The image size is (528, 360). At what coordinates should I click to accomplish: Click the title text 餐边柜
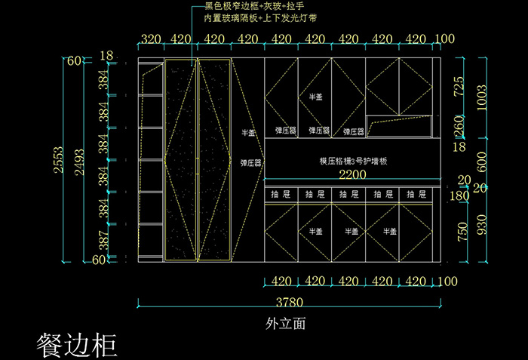click(77, 343)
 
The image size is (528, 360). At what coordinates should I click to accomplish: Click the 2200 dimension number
click(351, 174)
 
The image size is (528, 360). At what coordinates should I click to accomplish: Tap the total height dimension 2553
click(58, 160)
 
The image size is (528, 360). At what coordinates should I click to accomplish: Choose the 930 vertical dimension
click(482, 224)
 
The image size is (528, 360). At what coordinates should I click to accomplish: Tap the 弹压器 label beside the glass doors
click(250, 162)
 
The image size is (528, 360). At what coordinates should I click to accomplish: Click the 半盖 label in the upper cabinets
click(315, 97)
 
